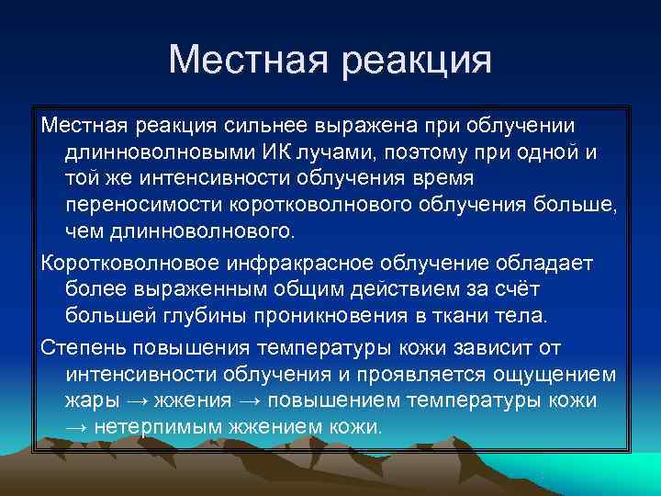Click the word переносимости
click(x=156, y=201)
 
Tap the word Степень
click(x=84, y=348)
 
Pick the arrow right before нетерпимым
click(x=79, y=427)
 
